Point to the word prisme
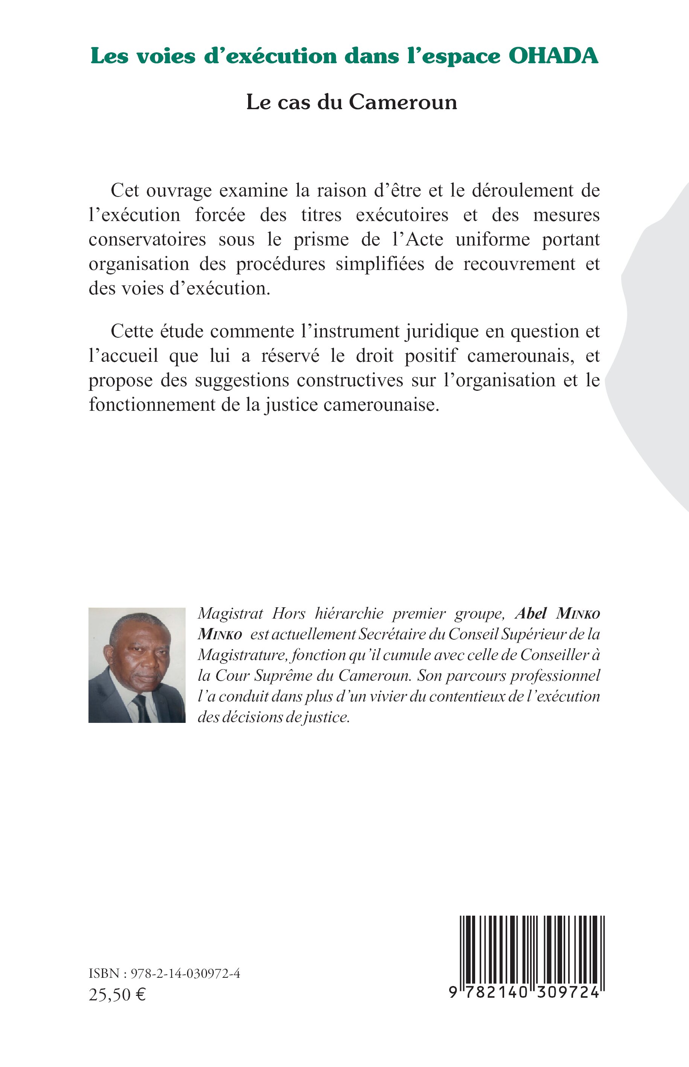click(x=321, y=240)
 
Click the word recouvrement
click(x=520, y=264)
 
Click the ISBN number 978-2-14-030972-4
click(x=185, y=974)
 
